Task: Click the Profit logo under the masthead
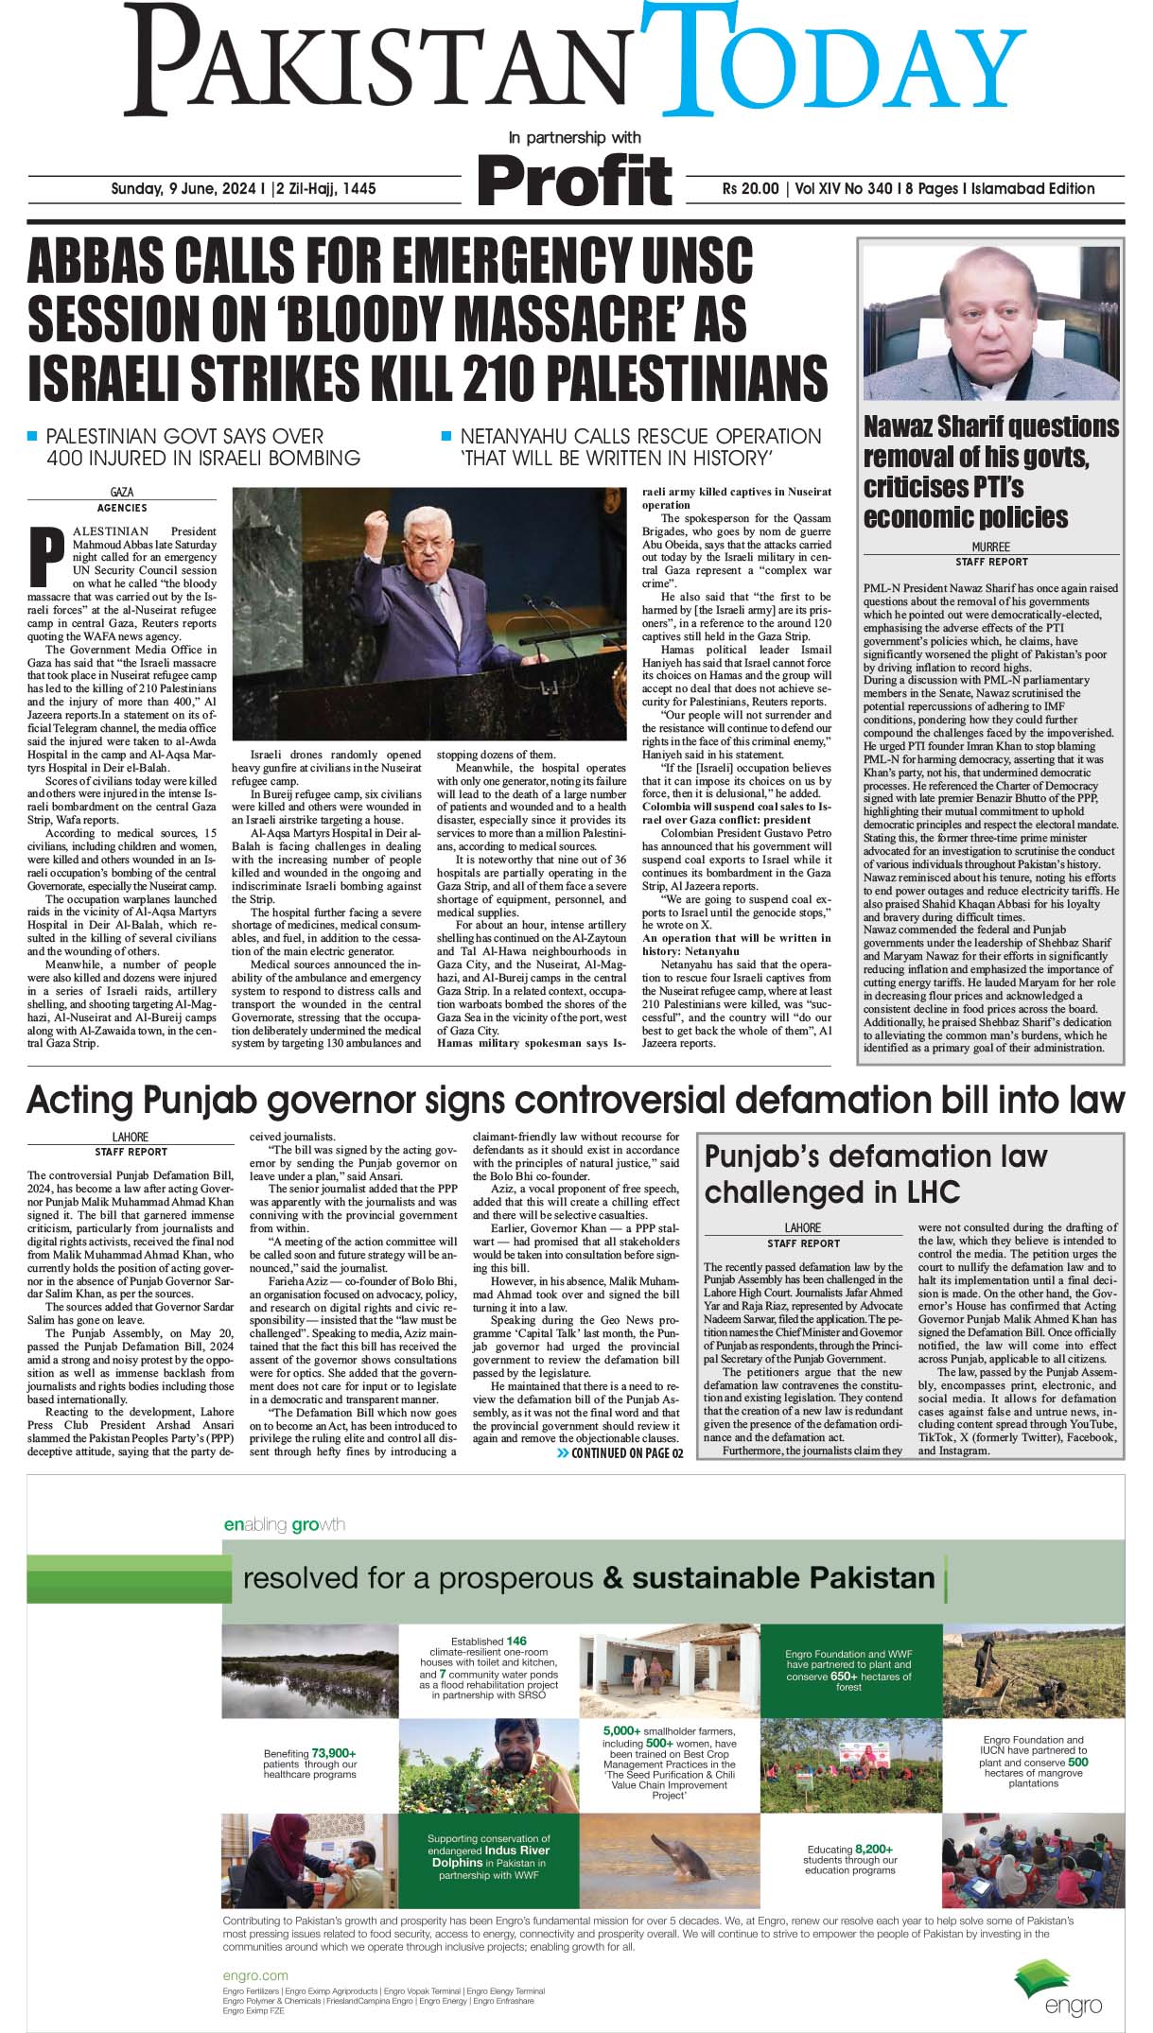tap(574, 180)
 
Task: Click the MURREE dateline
tap(990, 547)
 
